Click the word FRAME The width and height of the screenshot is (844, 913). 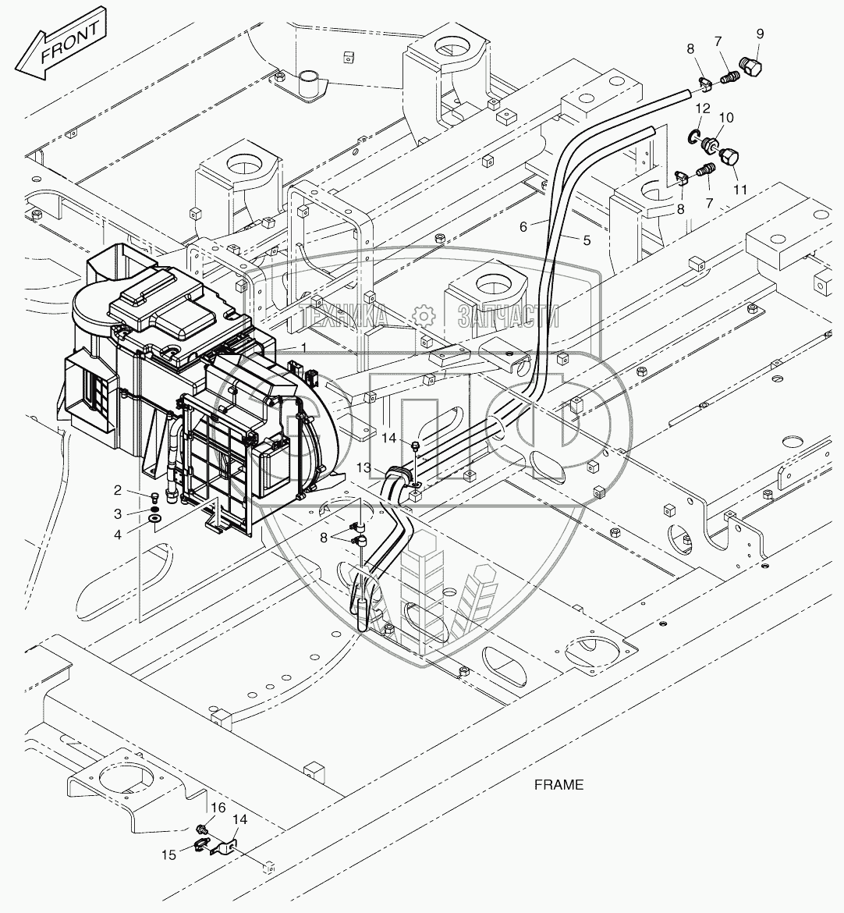(559, 784)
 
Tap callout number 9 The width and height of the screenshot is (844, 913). (760, 34)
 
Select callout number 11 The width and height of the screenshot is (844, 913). (739, 190)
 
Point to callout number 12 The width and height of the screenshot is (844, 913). (703, 108)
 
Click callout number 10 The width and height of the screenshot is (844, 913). (726, 117)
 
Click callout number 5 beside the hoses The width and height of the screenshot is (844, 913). (585, 240)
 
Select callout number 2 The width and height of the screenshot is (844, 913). (117, 491)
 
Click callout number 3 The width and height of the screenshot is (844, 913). (117, 513)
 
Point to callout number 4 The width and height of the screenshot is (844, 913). (117, 535)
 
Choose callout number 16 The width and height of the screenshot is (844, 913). (218, 807)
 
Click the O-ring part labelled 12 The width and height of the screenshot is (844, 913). (692, 138)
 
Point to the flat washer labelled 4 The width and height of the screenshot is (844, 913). (154, 518)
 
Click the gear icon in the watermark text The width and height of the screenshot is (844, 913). (424, 316)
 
